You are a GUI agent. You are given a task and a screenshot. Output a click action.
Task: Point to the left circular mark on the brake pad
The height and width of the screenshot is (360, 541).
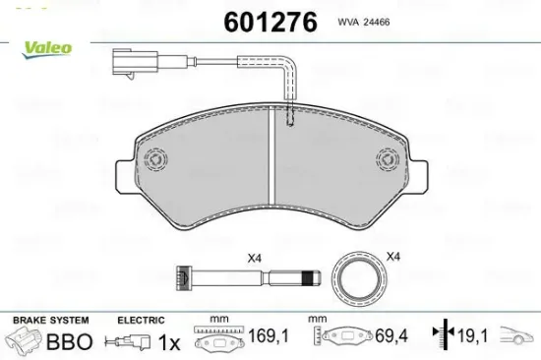[x=155, y=157]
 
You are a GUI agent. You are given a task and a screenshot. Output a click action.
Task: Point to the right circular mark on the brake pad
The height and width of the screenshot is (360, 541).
[x=390, y=157]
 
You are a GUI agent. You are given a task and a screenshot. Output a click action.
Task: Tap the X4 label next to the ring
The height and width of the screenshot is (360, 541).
[x=393, y=258]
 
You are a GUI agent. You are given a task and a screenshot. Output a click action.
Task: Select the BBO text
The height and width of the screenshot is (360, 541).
[x=69, y=342]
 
